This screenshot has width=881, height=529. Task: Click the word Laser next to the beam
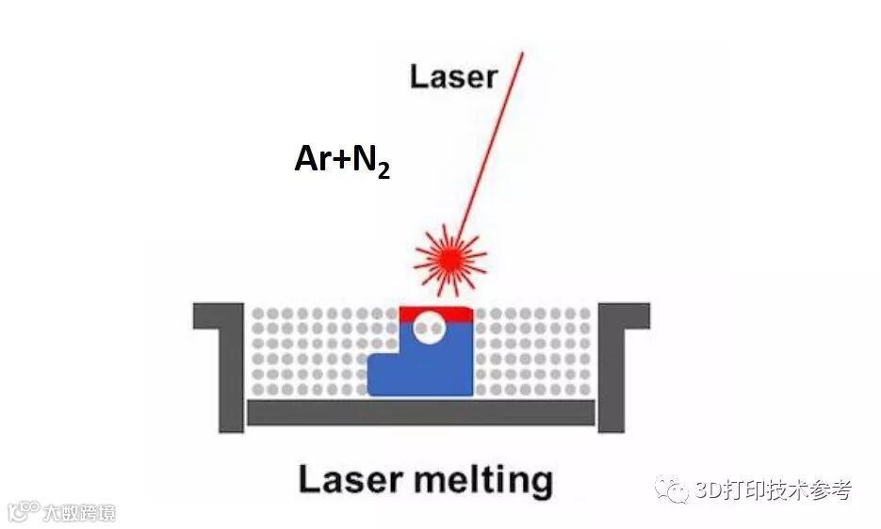(452, 76)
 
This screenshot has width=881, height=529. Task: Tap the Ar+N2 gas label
(341, 160)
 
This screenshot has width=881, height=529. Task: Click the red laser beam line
(490, 141)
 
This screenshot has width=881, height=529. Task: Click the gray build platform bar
(420, 412)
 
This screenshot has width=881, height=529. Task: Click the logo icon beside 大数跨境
(23, 512)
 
